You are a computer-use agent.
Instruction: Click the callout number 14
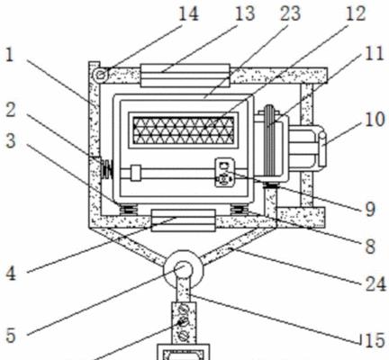(x=188, y=13)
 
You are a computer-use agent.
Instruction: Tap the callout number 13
(x=245, y=13)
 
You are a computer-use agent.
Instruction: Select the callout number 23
(x=291, y=13)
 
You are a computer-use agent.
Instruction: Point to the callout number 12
(x=357, y=13)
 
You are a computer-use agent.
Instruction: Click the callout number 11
(x=375, y=53)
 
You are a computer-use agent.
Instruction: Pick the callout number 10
(x=375, y=120)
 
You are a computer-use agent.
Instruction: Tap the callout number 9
(x=370, y=209)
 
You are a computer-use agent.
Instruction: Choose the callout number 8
(x=370, y=247)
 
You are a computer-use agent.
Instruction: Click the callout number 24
(x=375, y=283)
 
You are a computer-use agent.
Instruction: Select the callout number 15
(x=375, y=340)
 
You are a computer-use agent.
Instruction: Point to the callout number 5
(x=11, y=335)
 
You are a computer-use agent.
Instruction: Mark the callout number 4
(x=11, y=274)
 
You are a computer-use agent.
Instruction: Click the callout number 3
(x=11, y=140)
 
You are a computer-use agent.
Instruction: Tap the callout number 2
(x=11, y=110)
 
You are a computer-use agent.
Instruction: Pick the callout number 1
(x=10, y=55)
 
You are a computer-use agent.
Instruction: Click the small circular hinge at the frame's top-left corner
(x=101, y=74)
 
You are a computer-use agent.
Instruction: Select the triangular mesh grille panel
(x=184, y=130)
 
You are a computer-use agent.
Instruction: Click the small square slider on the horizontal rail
(x=136, y=173)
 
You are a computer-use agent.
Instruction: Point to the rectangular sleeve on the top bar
(x=185, y=76)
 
